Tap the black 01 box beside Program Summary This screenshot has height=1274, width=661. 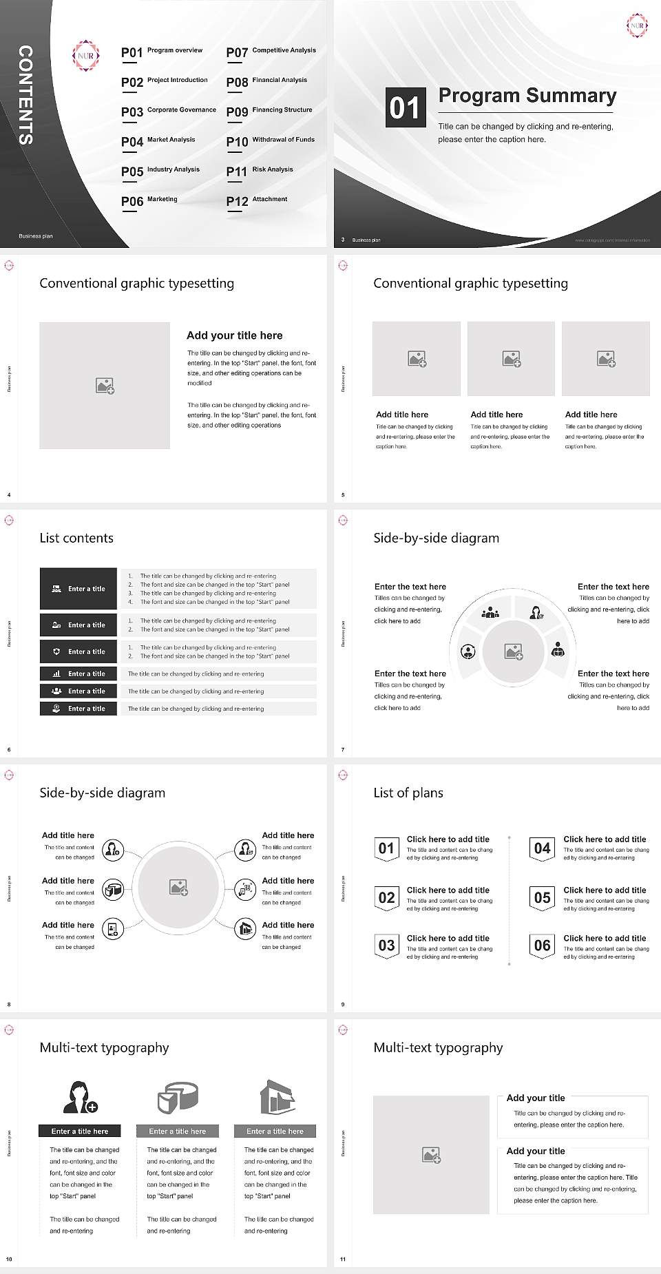point(405,107)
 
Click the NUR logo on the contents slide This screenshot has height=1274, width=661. point(86,56)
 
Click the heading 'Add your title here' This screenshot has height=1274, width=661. point(234,335)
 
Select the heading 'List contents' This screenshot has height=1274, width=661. point(76,538)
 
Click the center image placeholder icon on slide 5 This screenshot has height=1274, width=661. point(511,359)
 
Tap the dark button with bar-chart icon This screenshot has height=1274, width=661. point(78,673)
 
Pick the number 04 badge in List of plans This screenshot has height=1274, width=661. point(543,848)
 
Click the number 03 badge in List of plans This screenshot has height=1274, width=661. point(387,946)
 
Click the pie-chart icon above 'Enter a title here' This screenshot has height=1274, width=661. point(178,1096)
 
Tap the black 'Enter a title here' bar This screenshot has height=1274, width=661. point(79,1131)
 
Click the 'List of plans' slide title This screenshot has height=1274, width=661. point(408,793)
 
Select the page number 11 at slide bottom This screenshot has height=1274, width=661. point(343,1260)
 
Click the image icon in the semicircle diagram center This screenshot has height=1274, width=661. point(514,651)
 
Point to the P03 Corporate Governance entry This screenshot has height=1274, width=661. point(169,111)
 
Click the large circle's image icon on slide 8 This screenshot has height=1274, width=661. point(179,888)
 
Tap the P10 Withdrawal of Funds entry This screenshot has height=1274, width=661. point(271,141)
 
